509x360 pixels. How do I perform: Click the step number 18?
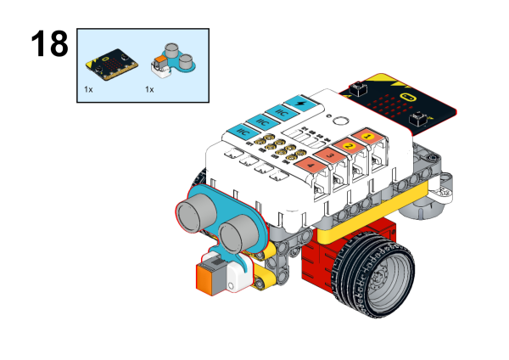[x=48, y=44]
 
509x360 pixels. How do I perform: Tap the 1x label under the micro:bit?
[x=88, y=88]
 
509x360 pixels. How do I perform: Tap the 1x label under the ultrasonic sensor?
[x=149, y=88]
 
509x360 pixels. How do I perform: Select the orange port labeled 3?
[x=329, y=155]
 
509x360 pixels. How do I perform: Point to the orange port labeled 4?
[x=309, y=165]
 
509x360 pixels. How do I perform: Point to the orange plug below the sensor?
[x=209, y=275]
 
